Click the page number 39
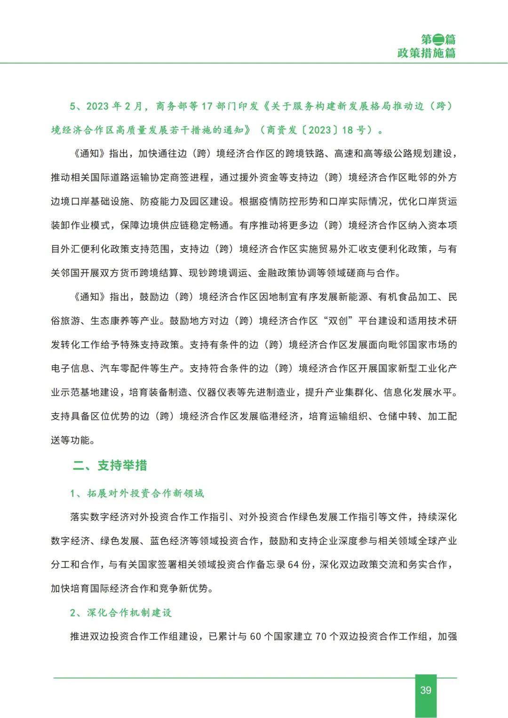coord(426,690)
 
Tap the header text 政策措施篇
coord(426,53)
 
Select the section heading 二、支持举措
coord(110,466)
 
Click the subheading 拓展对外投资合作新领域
coord(145,493)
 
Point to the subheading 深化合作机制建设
coord(129,613)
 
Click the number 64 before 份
coord(293,564)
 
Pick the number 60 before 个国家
coord(255,636)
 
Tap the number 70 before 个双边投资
coord(321,636)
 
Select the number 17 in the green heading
coord(207,106)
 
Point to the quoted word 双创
coord(338,321)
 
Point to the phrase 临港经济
coord(279,416)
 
